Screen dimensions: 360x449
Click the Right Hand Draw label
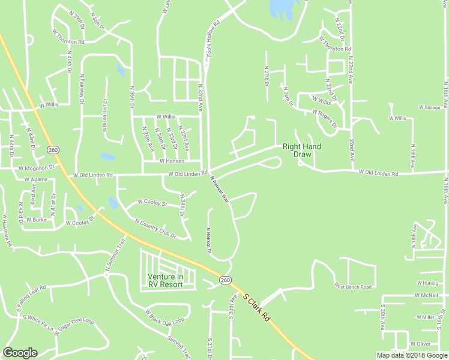[x=302, y=150]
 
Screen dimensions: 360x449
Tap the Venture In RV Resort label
[x=165, y=280]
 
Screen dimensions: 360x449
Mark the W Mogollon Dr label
[x=36, y=169]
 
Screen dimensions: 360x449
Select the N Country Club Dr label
[x=155, y=229]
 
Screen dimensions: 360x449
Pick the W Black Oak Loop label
[x=164, y=317]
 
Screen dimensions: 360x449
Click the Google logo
[x=20, y=353]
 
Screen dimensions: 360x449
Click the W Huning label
[x=427, y=283]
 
